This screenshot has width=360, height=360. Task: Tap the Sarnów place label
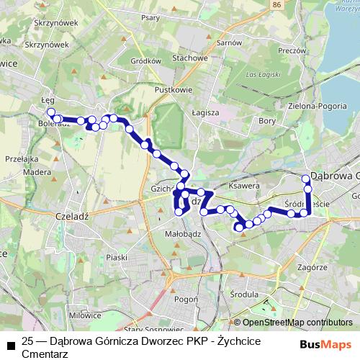pos(229,42)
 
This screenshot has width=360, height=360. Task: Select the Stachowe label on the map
pos(190,58)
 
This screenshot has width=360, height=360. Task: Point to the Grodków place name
pos(146,61)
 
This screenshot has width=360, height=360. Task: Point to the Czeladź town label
pos(71,215)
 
